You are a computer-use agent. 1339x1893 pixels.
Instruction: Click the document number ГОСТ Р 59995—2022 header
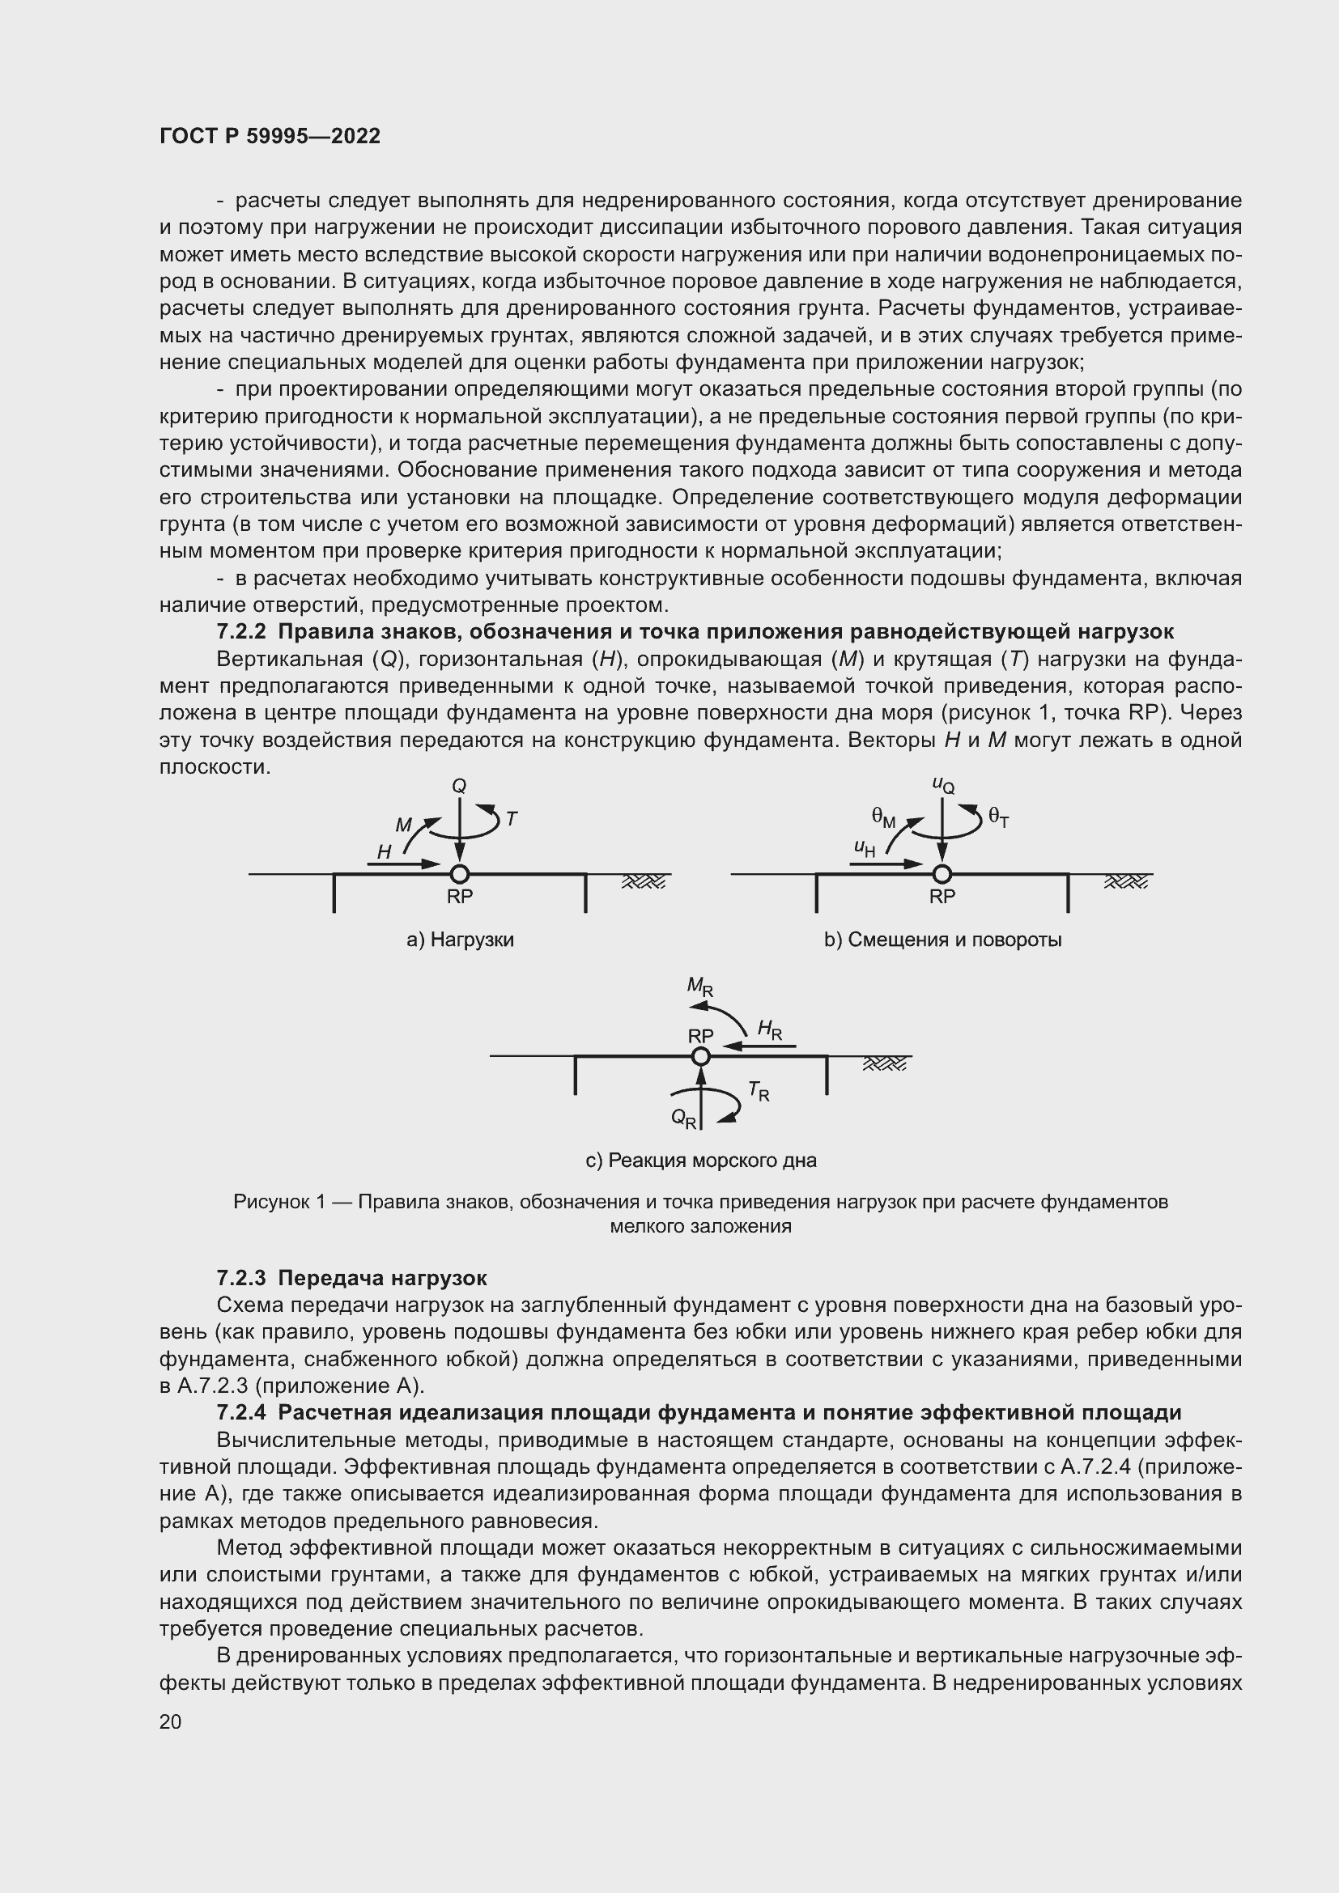point(270,136)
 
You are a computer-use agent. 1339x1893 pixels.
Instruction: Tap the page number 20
point(171,1721)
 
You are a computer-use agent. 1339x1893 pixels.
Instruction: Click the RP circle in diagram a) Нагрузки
point(459,874)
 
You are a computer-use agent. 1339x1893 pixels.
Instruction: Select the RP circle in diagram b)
point(942,874)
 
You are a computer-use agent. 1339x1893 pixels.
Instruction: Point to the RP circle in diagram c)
point(701,1056)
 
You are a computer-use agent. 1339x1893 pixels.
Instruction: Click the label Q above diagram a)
point(459,786)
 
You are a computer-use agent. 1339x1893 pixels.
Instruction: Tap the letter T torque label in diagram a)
point(511,819)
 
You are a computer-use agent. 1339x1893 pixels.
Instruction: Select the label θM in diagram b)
point(883,817)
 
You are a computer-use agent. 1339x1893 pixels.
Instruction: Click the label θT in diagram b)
point(997,817)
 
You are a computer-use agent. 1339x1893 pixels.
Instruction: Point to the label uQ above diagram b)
point(943,785)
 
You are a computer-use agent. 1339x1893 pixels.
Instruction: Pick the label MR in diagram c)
point(700,986)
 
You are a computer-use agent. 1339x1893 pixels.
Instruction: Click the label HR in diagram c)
point(769,1029)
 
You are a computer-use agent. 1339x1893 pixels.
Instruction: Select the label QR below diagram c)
point(683,1118)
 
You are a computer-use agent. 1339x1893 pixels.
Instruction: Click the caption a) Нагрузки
point(460,940)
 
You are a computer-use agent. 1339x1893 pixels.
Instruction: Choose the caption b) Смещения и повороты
point(942,940)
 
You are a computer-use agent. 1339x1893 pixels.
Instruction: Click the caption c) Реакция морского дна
point(701,1161)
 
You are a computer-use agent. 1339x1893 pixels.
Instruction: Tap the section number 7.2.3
point(240,1279)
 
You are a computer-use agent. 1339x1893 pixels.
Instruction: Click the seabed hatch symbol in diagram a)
point(643,882)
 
